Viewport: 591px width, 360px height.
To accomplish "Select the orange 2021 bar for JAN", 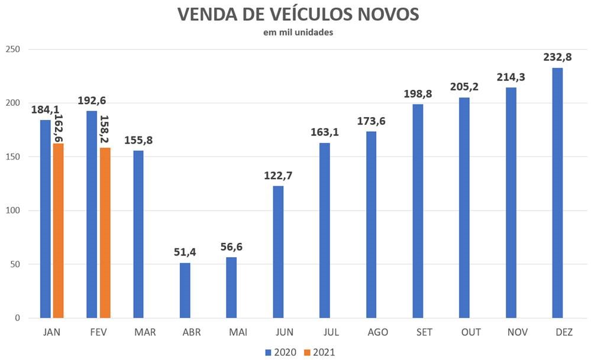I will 58,231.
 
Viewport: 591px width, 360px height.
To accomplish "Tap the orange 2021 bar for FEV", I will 105,233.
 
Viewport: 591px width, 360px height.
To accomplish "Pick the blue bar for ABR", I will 185,290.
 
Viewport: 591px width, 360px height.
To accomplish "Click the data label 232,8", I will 557,57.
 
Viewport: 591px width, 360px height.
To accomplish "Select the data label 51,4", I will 185,252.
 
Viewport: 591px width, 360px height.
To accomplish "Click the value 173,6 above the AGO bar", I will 371,121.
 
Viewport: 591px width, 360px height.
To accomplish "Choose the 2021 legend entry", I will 319,352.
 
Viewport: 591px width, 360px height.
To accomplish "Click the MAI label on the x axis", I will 231,333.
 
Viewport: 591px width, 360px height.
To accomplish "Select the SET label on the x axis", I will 418,333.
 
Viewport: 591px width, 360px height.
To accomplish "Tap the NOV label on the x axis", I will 511,333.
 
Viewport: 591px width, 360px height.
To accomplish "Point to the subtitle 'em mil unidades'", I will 298,33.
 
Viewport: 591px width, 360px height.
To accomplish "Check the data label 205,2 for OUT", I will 464,87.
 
